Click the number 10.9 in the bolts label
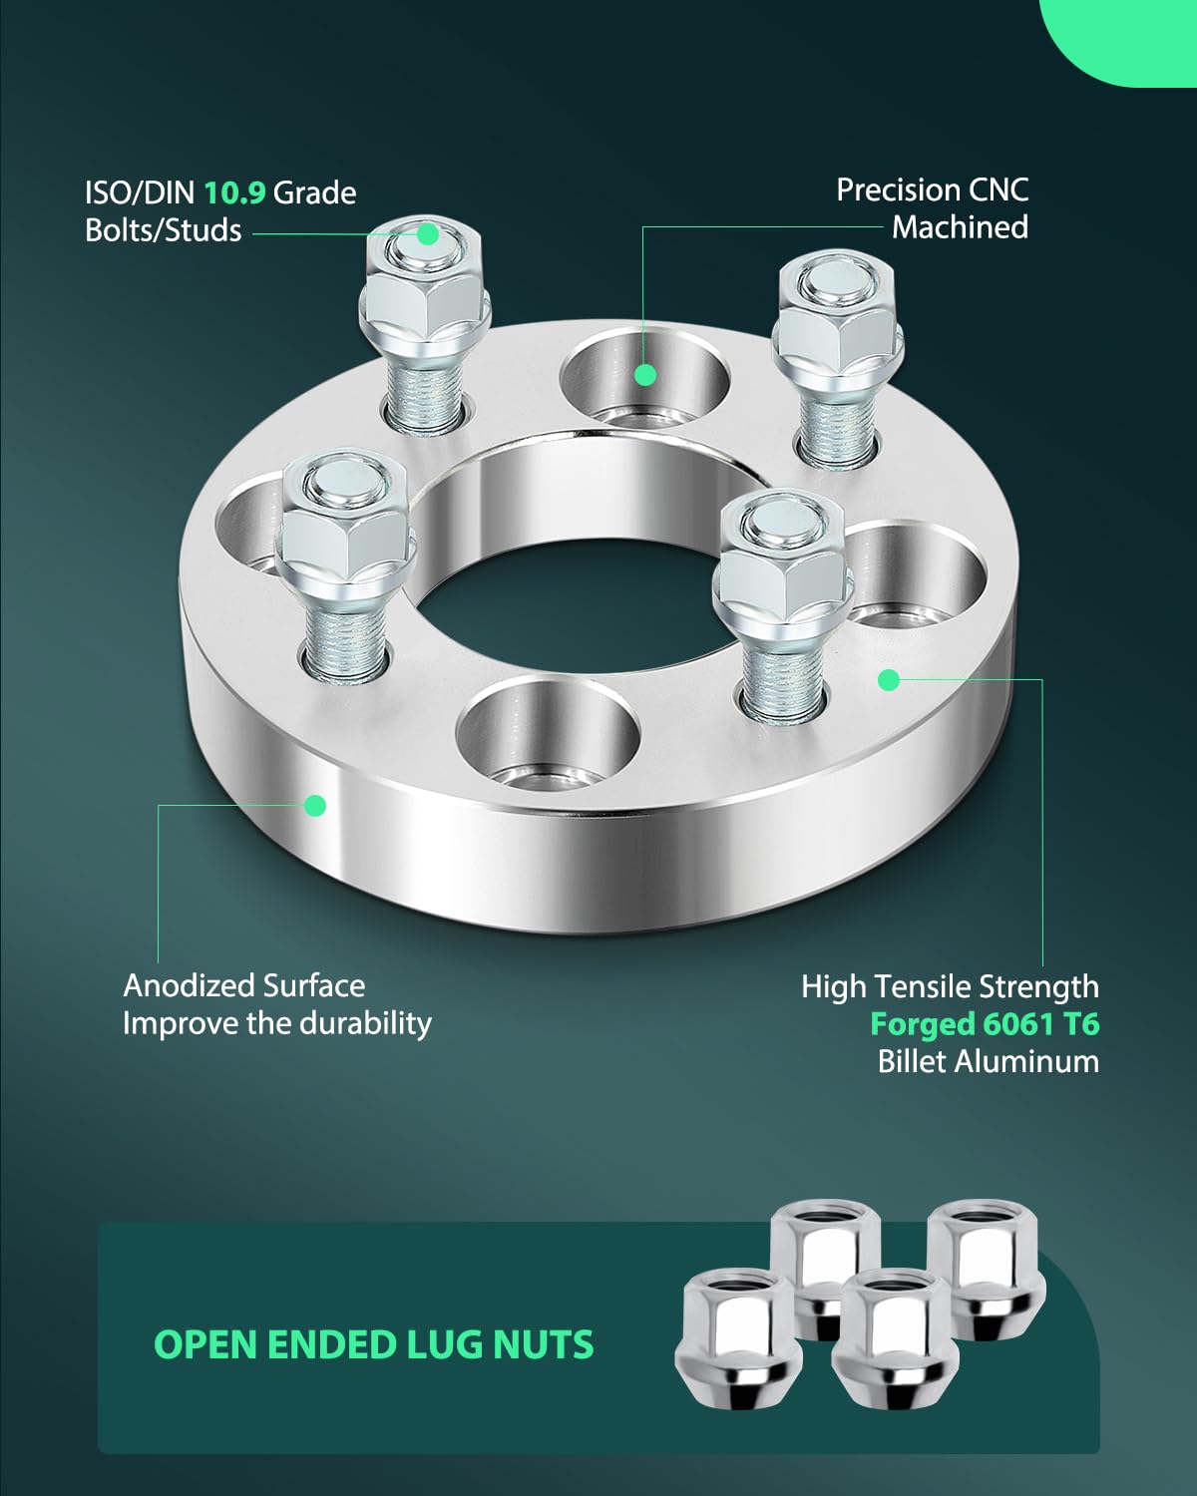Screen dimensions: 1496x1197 point(234,192)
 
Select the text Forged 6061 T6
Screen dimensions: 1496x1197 point(984,1023)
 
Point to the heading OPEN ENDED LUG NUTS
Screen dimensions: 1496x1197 point(373,1344)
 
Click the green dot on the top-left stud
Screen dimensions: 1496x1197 point(428,233)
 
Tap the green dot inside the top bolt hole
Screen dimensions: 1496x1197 point(645,375)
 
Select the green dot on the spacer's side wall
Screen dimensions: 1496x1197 point(315,805)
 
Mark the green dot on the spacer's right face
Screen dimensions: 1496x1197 point(889,680)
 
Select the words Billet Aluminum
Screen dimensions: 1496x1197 point(988,1061)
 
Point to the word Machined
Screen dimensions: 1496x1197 point(960,227)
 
